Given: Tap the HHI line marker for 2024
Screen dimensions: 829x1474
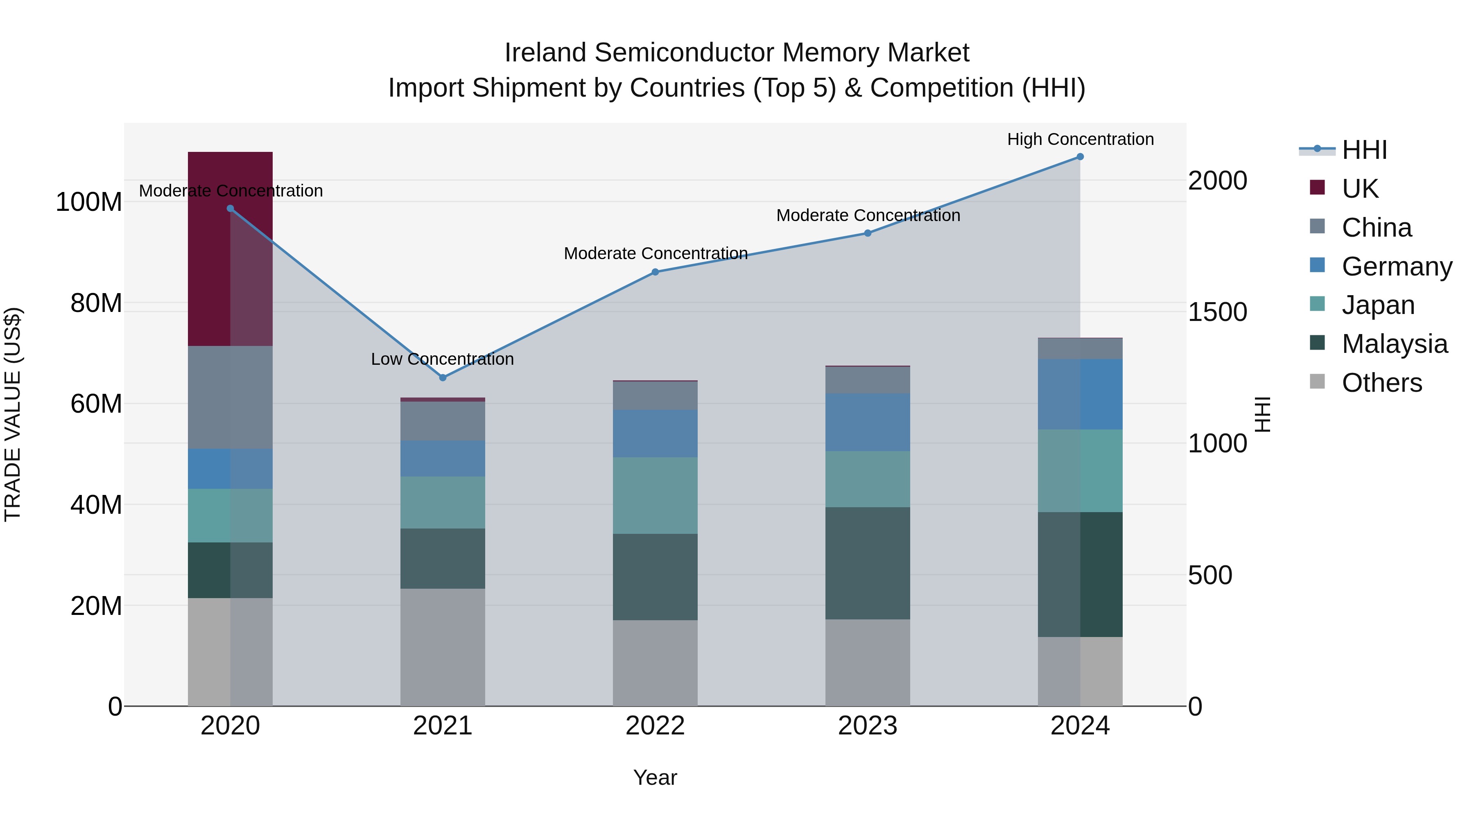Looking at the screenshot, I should [1080, 157].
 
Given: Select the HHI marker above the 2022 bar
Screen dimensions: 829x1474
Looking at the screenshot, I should [655, 272].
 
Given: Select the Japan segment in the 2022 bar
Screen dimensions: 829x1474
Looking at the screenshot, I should [655, 495].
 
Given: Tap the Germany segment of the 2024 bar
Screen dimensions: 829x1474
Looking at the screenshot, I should [1080, 394].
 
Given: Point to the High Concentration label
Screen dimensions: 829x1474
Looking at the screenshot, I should [1080, 140].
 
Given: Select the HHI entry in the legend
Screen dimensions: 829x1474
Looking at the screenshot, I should [1364, 150].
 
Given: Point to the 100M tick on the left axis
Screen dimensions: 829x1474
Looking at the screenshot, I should [89, 202].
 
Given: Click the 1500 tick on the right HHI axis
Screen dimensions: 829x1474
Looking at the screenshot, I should [1217, 312].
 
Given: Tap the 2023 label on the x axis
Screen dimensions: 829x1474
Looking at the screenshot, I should [868, 726].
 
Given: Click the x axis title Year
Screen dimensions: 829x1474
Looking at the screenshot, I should [655, 777].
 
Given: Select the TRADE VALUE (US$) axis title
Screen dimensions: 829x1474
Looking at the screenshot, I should [13, 414].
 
